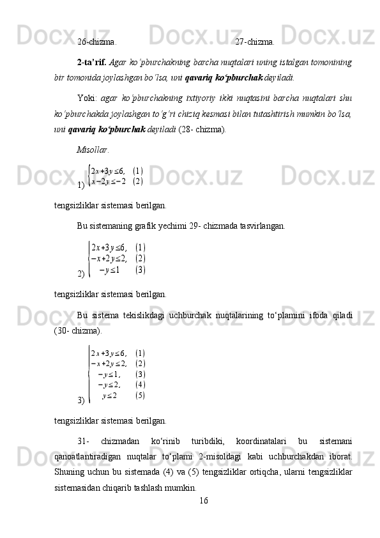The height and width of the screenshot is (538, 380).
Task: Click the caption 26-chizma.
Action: click(x=96, y=43)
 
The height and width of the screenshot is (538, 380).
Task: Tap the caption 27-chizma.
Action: click(x=255, y=43)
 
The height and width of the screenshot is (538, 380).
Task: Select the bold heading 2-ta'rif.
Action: click(x=92, y=63)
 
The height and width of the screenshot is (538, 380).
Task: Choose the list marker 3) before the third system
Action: click(x=80, y=400)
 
